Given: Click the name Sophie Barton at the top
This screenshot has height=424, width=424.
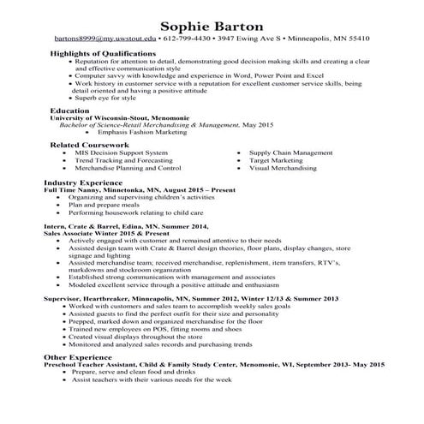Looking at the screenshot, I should point(212,25).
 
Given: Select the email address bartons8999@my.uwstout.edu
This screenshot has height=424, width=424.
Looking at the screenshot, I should point(105,39).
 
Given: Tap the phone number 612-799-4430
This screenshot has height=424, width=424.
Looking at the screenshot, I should point(188,39).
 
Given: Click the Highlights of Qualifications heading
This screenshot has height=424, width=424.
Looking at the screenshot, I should point(103,54).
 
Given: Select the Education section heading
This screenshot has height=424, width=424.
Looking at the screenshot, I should point(69,111).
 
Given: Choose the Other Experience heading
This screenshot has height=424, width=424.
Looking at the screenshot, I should point(80,355).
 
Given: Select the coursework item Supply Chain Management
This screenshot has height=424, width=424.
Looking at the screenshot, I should point(290,152).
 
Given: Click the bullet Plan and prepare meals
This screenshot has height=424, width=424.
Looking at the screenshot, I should point(105,205).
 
